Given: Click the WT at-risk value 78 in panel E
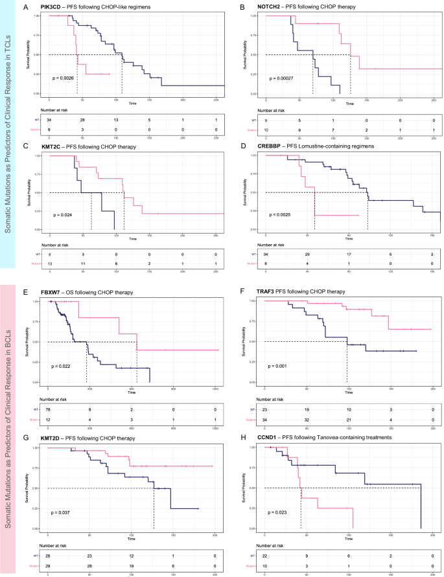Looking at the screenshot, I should (x=50, y=409).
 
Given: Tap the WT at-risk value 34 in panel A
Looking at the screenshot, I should (x=50, y=120).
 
